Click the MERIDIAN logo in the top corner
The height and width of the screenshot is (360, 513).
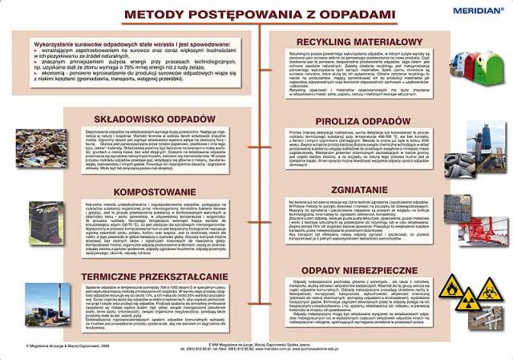click(478, 10)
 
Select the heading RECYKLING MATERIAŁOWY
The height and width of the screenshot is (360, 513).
click(359, 42)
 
